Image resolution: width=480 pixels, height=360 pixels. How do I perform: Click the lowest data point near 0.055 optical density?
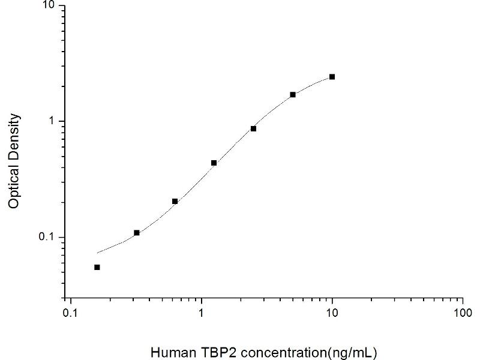[x=97, y=267]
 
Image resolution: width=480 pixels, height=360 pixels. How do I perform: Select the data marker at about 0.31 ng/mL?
[x=137, y=233]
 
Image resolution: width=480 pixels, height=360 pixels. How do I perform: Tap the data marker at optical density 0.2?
[x=175, y=201]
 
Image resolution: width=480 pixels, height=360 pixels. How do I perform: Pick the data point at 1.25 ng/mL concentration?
[x=214, y=163]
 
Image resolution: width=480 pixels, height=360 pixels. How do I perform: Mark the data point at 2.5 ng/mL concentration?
[x=254, y=128]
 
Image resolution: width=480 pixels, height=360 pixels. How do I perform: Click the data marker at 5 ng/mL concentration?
[x=293, y=95]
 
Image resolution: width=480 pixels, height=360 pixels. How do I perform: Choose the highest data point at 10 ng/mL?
[x=332, y=77]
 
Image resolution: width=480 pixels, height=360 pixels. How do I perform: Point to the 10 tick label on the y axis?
[x=49, y=6]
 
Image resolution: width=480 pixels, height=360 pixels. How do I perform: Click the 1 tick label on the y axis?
[x=52, y=121]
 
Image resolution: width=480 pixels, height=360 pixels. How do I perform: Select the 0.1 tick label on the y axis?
[x=47, y=237]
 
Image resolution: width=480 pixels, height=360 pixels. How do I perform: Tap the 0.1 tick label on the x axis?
[x=71, y=313]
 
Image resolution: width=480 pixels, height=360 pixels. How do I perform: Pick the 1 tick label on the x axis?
[x=202, y=313]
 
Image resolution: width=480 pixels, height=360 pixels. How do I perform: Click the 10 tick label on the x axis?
[x=332, y=313]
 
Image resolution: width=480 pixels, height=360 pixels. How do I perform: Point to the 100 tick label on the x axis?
[x=463, y=313]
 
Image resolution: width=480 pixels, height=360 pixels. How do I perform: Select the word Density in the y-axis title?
[x=15, y=136]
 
